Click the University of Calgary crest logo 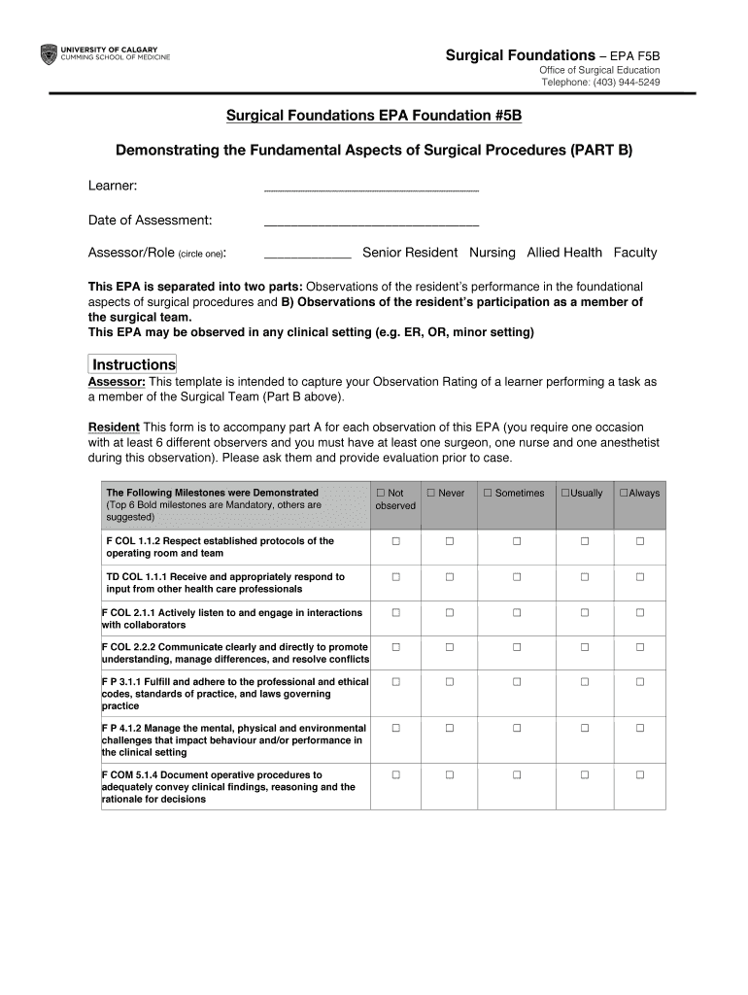point(48,54)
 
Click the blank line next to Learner point(371,189)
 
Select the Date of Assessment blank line point(371,223)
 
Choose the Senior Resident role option point(410,253)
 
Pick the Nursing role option point(493,253)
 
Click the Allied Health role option point(564,253)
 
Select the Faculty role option point(635,253)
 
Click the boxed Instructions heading point(133,364)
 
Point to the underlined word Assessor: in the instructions point(117,382)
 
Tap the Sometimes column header point(514,494)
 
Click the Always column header point(639,494)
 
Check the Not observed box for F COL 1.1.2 point(395,541)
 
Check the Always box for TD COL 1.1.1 point(640,577)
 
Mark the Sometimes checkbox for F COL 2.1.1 point(517,613)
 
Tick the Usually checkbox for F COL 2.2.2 point(585,647)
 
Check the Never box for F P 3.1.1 point(450,682)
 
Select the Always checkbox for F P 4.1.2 point(640,728)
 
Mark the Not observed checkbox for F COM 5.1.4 point(395,775)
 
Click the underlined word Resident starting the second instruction point(114,428)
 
